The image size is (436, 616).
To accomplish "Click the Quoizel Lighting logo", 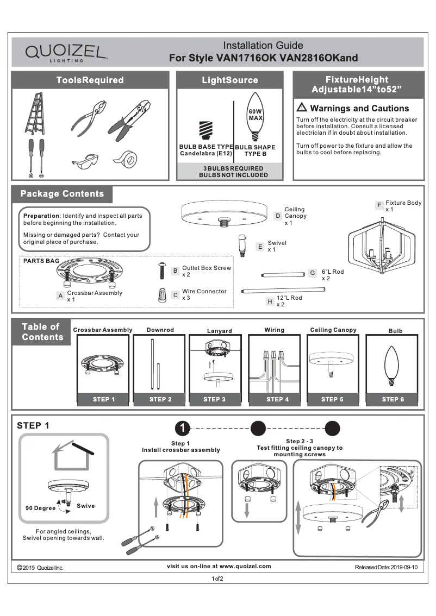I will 66,53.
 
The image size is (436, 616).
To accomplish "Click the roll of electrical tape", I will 125,159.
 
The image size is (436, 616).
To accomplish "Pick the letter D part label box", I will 278,216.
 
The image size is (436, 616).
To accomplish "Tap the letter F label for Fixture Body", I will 379,205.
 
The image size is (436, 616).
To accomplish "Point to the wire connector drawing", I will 161,296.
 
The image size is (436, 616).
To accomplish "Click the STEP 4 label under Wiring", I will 275,399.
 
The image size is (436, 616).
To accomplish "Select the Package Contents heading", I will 62,194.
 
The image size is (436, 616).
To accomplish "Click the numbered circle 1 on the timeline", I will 184,428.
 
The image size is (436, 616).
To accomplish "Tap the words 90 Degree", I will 40,508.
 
